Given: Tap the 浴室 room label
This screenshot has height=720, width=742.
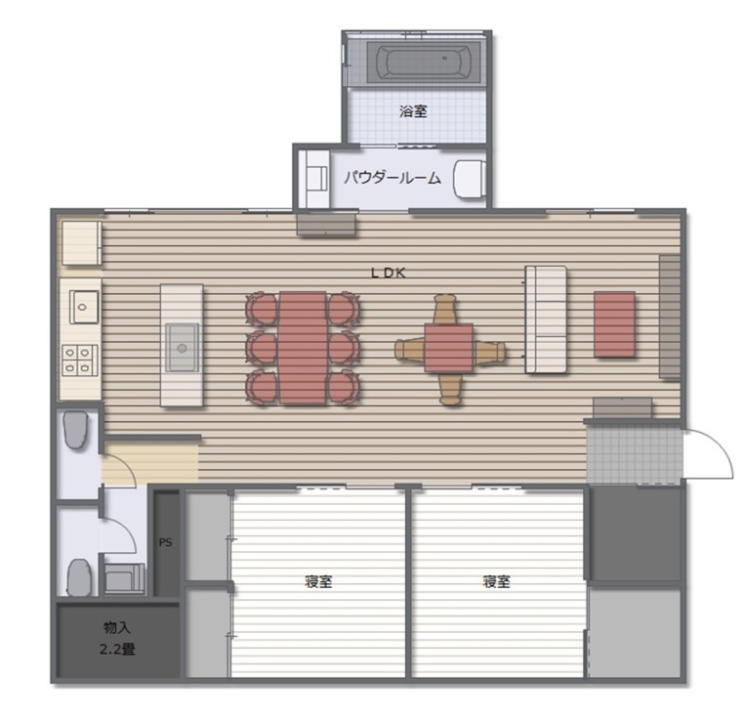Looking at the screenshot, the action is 413,111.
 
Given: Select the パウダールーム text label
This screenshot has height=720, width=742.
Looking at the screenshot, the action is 392,178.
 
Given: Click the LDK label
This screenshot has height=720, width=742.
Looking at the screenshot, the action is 388,273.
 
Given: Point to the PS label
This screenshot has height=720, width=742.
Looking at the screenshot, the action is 165,542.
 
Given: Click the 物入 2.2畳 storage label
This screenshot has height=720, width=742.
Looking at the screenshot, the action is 117,638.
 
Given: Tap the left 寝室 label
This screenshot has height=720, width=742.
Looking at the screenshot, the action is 318,581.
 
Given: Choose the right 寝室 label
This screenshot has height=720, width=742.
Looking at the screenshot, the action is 496,581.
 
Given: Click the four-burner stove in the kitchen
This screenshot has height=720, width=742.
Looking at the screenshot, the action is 79,360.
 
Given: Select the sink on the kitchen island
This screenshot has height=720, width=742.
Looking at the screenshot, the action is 183,348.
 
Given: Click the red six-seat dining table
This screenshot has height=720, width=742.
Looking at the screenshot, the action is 303,348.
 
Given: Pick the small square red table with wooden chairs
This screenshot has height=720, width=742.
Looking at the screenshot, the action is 449,348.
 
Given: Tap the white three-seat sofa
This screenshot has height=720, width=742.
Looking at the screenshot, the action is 546,319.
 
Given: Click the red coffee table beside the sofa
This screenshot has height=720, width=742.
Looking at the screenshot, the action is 615,324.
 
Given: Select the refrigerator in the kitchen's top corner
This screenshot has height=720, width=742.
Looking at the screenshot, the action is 81,243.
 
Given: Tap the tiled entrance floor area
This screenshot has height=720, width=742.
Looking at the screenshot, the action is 635,453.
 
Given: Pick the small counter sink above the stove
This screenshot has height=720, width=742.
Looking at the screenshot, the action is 84,307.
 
